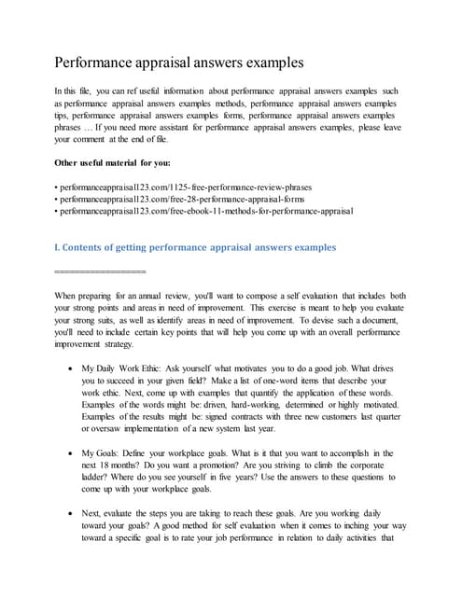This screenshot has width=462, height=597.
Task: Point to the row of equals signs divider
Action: [x=101, y=270]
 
